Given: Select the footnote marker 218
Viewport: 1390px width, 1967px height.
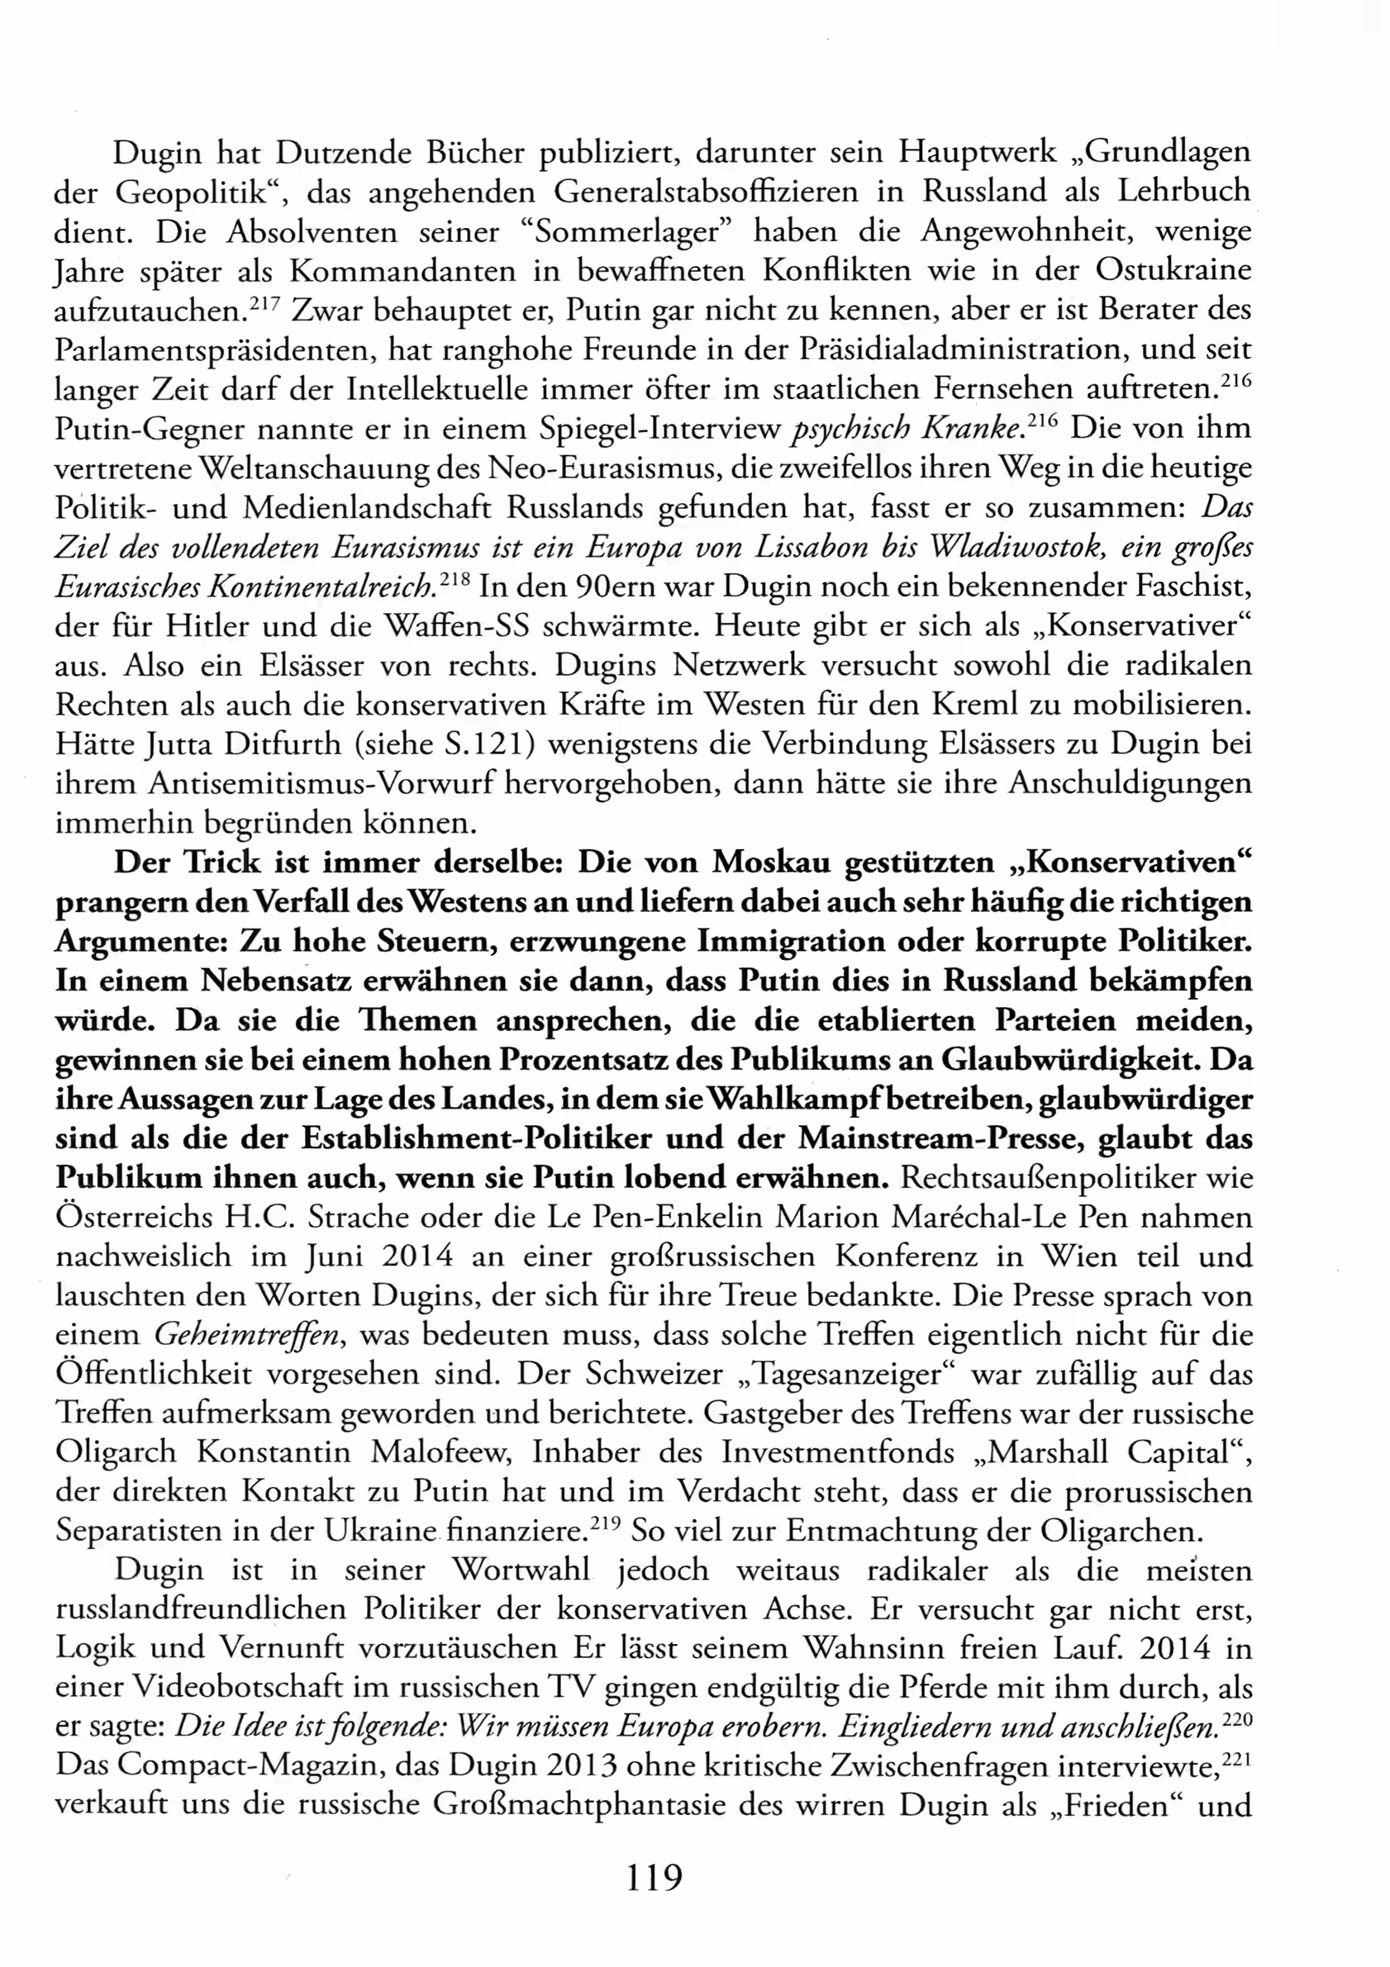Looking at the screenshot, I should click(454, 578).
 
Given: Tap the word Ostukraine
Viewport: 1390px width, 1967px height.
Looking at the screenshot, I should click(1173, 270).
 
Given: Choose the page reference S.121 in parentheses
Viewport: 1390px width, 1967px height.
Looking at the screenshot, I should click(487, 744).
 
